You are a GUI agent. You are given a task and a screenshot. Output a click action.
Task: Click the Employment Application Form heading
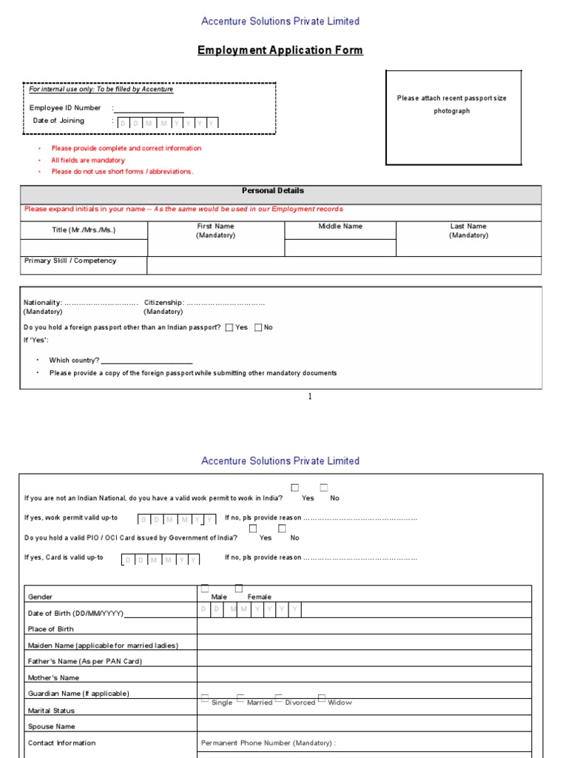point(280,50)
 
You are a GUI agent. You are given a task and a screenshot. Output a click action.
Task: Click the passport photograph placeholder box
point(453,118)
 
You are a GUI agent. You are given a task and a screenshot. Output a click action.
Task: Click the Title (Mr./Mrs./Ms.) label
point(84,229)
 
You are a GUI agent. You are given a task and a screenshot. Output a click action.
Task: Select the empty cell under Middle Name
point(340,248)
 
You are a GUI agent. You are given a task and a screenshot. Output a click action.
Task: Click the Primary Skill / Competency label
point(70,261)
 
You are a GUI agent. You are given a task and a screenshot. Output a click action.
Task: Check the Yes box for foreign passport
point(229,327)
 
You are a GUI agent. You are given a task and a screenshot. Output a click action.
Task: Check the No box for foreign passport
point(258,327)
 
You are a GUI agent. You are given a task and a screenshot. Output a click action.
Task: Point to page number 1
point(310,397)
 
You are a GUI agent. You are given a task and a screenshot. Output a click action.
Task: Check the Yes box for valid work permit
point(295,488)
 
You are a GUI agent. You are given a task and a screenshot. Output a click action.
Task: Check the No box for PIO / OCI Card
point(282,529)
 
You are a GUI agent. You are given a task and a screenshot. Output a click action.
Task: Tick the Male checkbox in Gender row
point(205,588)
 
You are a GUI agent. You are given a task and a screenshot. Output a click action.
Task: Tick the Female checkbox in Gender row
point(238,588)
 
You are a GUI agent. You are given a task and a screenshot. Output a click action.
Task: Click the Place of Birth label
point(51,629)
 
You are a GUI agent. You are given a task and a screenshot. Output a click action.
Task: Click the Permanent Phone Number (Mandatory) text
point(268,742)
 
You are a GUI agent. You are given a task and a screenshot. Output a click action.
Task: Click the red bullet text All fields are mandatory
point(88,160)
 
